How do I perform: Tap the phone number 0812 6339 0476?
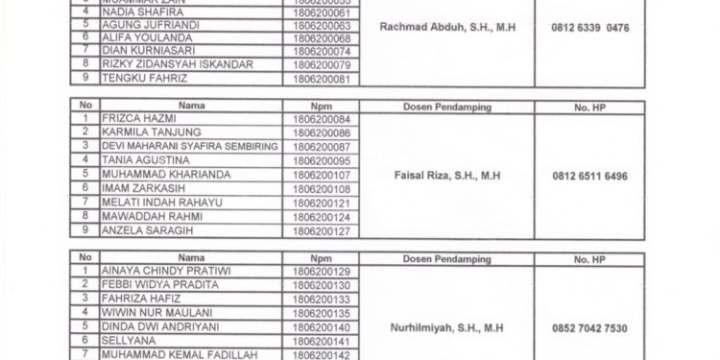(x=590, y=29)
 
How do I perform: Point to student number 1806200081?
(x=321, y=78)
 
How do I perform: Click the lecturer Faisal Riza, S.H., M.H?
(x=447, y=176)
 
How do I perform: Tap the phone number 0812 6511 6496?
(x=590, y=176)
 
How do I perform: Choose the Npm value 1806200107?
(x=321, y=176)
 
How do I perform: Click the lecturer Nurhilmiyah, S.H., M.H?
(x=447, y=328)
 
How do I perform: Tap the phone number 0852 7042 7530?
(x=590, y=328)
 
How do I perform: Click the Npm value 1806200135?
(x=321, y=314)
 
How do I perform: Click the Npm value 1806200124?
(x=321, y=217)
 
